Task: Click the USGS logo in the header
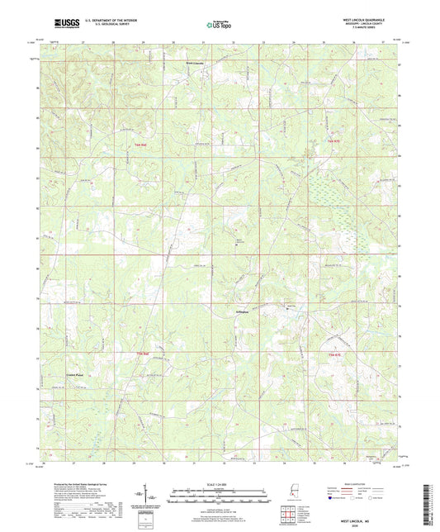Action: point(45,24)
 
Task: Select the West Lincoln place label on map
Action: point(194,63)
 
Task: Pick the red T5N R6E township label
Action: point(142,354)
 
